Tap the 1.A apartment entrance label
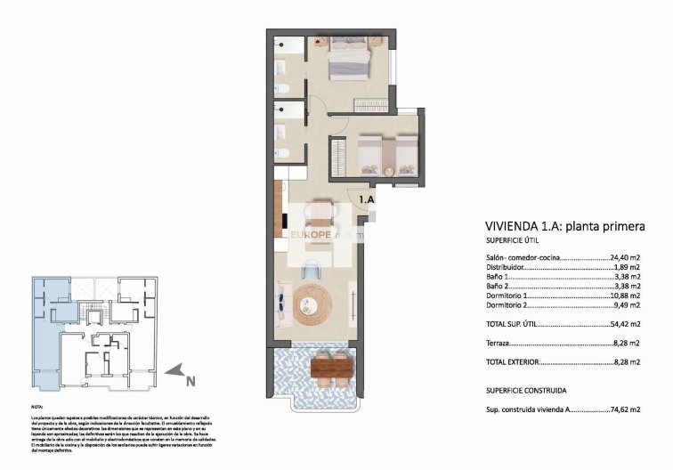coord(367,200)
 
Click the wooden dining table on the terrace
coord(328,367)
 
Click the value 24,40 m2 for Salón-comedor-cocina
coord(626,257)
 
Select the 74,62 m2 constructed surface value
coord(626,410)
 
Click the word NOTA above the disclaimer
coord(38,407)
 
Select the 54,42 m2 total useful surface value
coord(626,325)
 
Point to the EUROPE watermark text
coord(312,235)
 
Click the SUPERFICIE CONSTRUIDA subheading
coord(527,391)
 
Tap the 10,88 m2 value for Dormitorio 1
coord(626,296)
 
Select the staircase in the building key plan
coord(92,312)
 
